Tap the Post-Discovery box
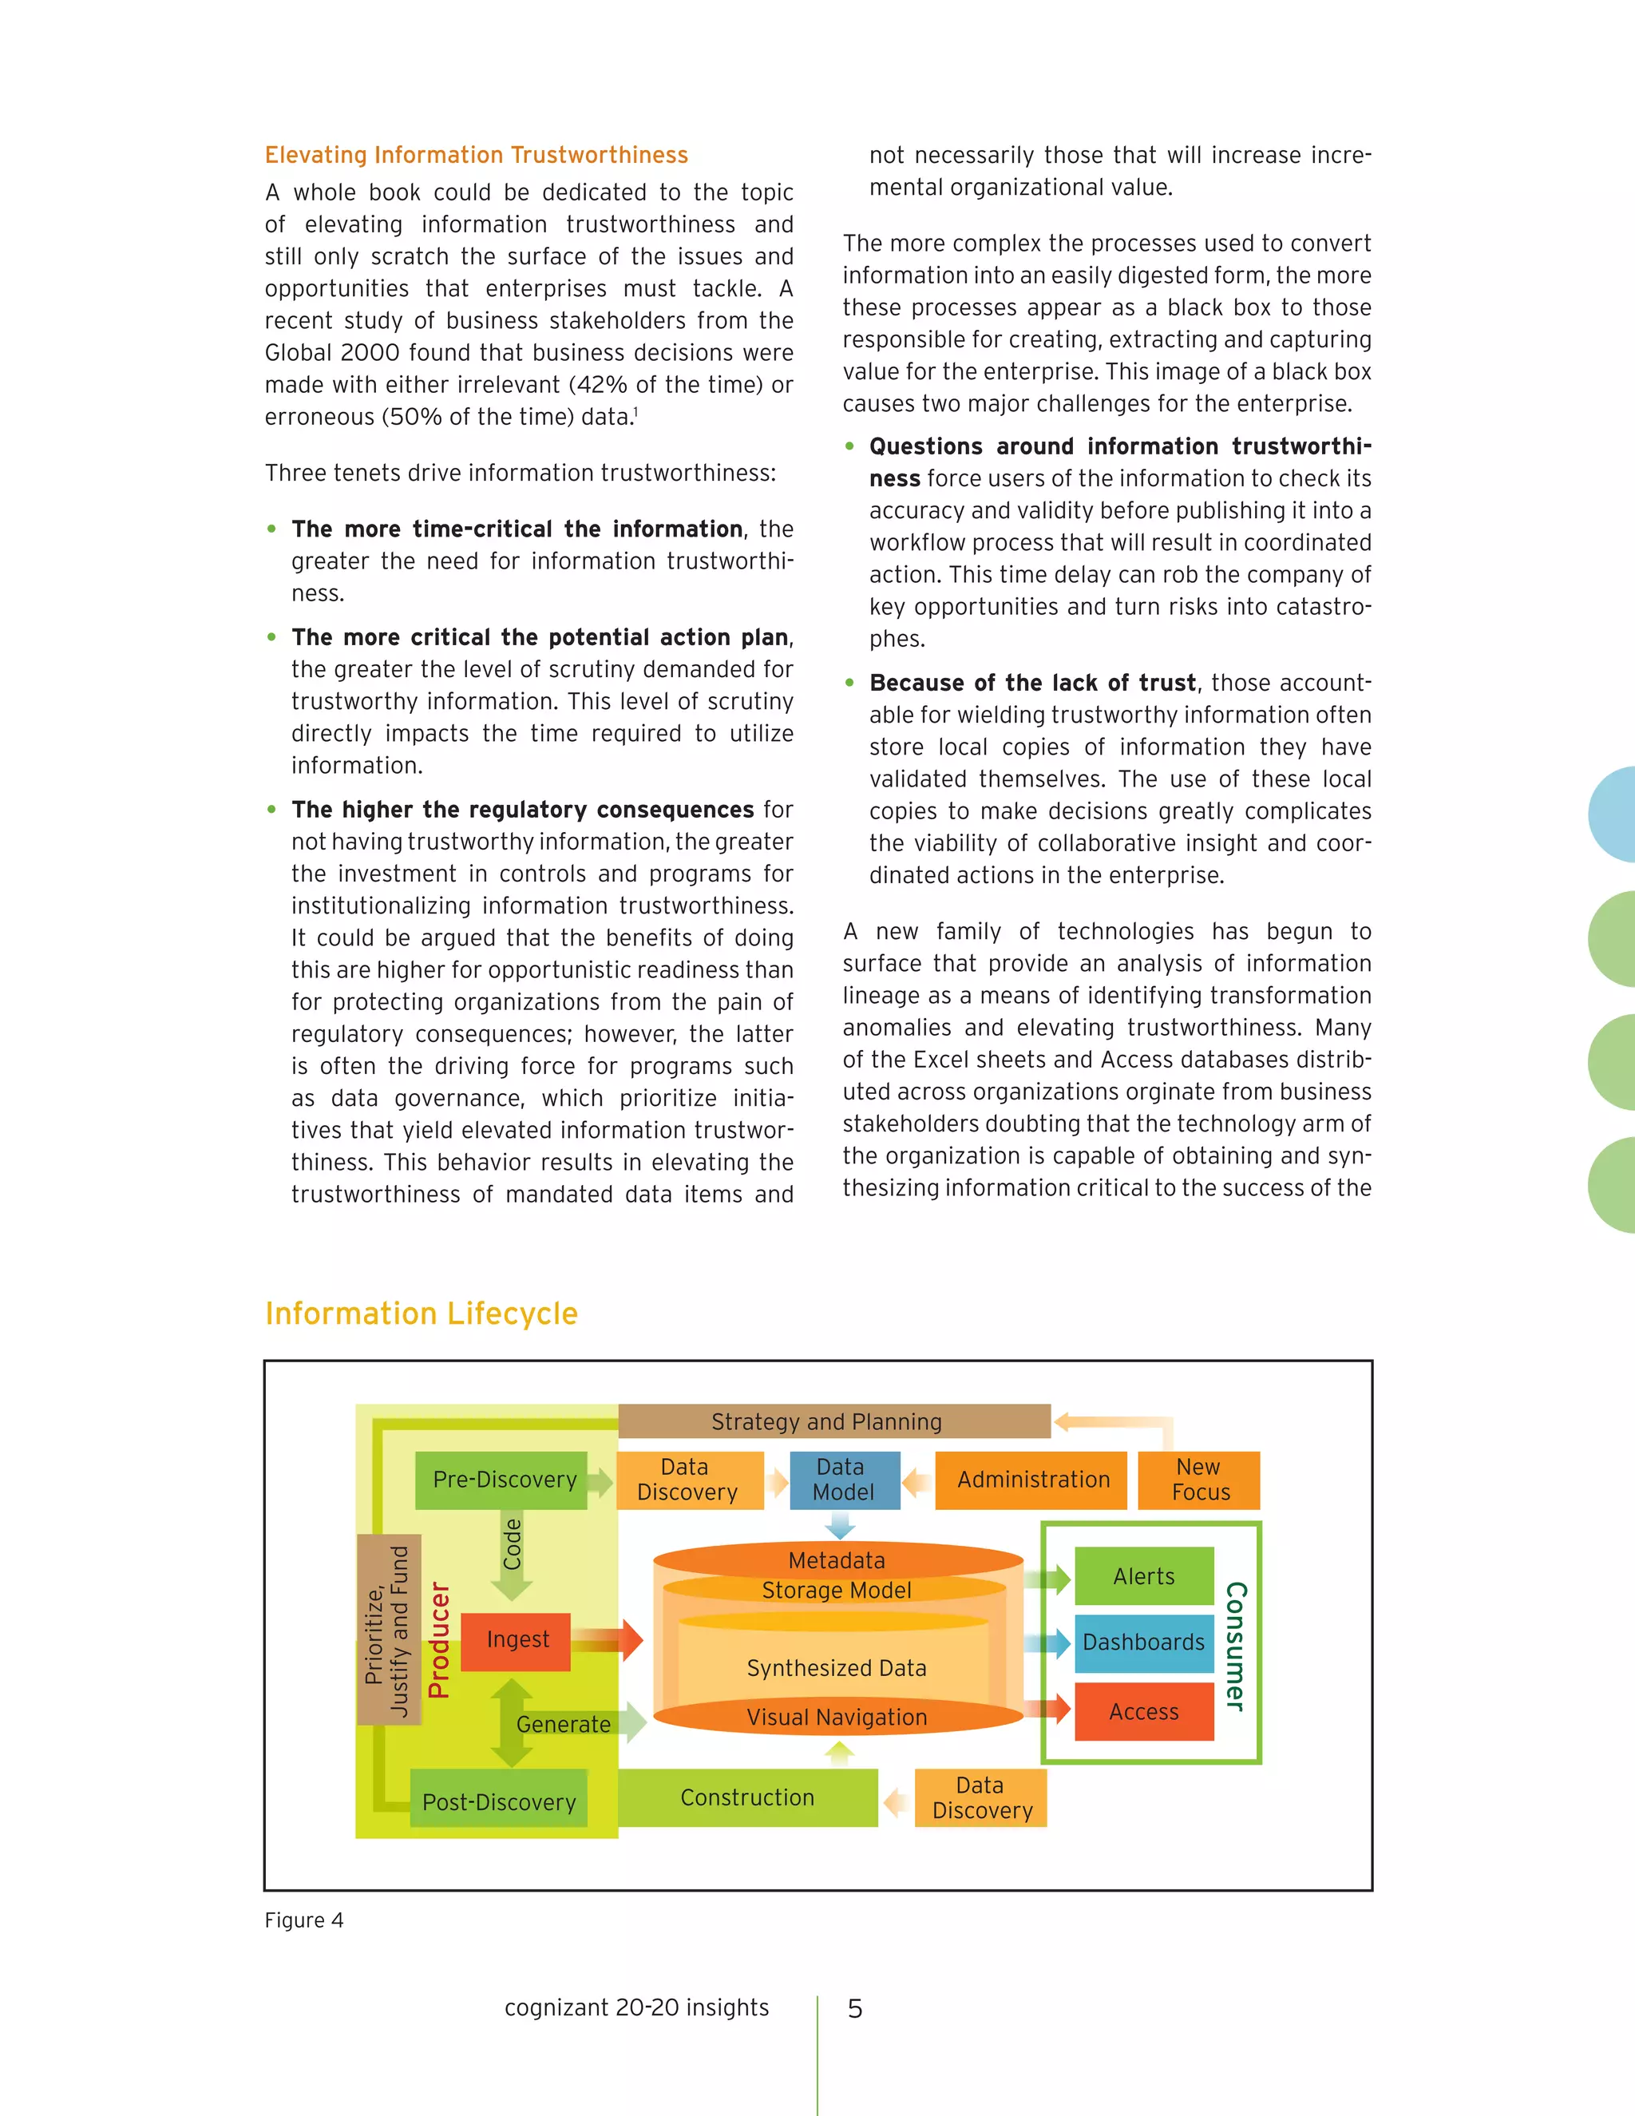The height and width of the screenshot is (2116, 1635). [x=498, y=1801]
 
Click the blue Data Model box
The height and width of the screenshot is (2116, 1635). [x=845, y=1480]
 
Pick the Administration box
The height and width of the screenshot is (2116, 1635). [x=1031, y=1480]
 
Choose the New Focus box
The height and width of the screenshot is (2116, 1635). [x=1199, y=1480]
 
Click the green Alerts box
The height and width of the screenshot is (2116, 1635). [x=1144, y=1576]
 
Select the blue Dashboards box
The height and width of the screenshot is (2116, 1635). [x=1144, y=1642]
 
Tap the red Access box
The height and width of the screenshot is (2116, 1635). [x=1144, y=1712]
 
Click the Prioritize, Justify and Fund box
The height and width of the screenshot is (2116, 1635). [x=389, y=1630]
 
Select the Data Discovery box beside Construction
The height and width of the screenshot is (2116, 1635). [x=981, y=1797]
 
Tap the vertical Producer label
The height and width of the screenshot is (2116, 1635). [x=439, y=1639]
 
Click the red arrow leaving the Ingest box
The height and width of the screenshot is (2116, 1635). [x=608, y=1640]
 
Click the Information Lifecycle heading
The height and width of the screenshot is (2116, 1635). [x=422, y=1313]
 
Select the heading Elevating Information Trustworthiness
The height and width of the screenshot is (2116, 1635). [x=477, y=155]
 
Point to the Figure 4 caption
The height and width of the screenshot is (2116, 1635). [x=304, y=1920]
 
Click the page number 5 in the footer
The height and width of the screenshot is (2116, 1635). [x=854, y=2008]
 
